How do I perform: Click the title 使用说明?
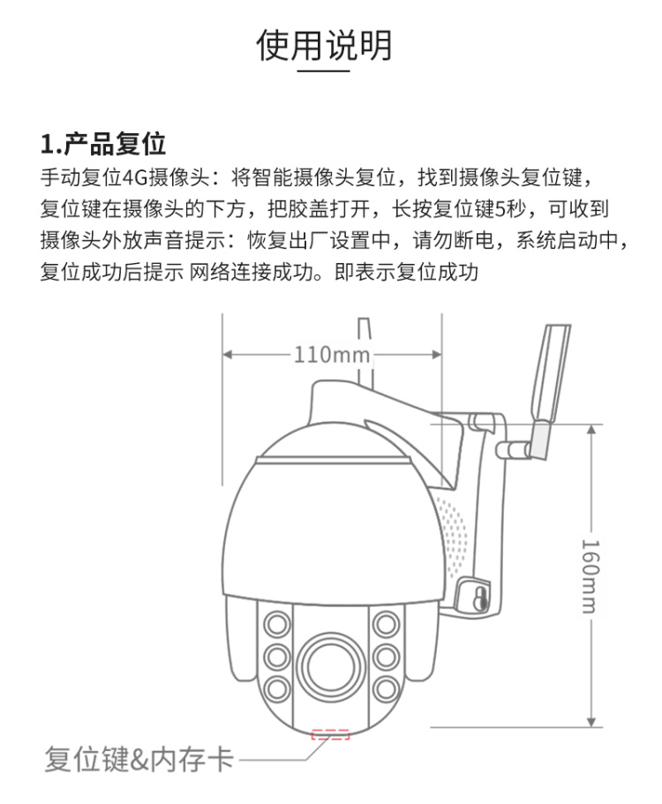324,45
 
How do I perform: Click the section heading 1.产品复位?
103,144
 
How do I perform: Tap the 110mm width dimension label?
331,354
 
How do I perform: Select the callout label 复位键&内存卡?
139,759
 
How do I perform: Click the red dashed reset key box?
330,734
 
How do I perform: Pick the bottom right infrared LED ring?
386,688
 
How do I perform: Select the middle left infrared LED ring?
277,657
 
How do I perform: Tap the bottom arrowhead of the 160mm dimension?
591,721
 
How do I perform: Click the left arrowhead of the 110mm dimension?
229,354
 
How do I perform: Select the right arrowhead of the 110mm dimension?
436,354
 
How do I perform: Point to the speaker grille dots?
454,536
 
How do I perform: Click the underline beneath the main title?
324,71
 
